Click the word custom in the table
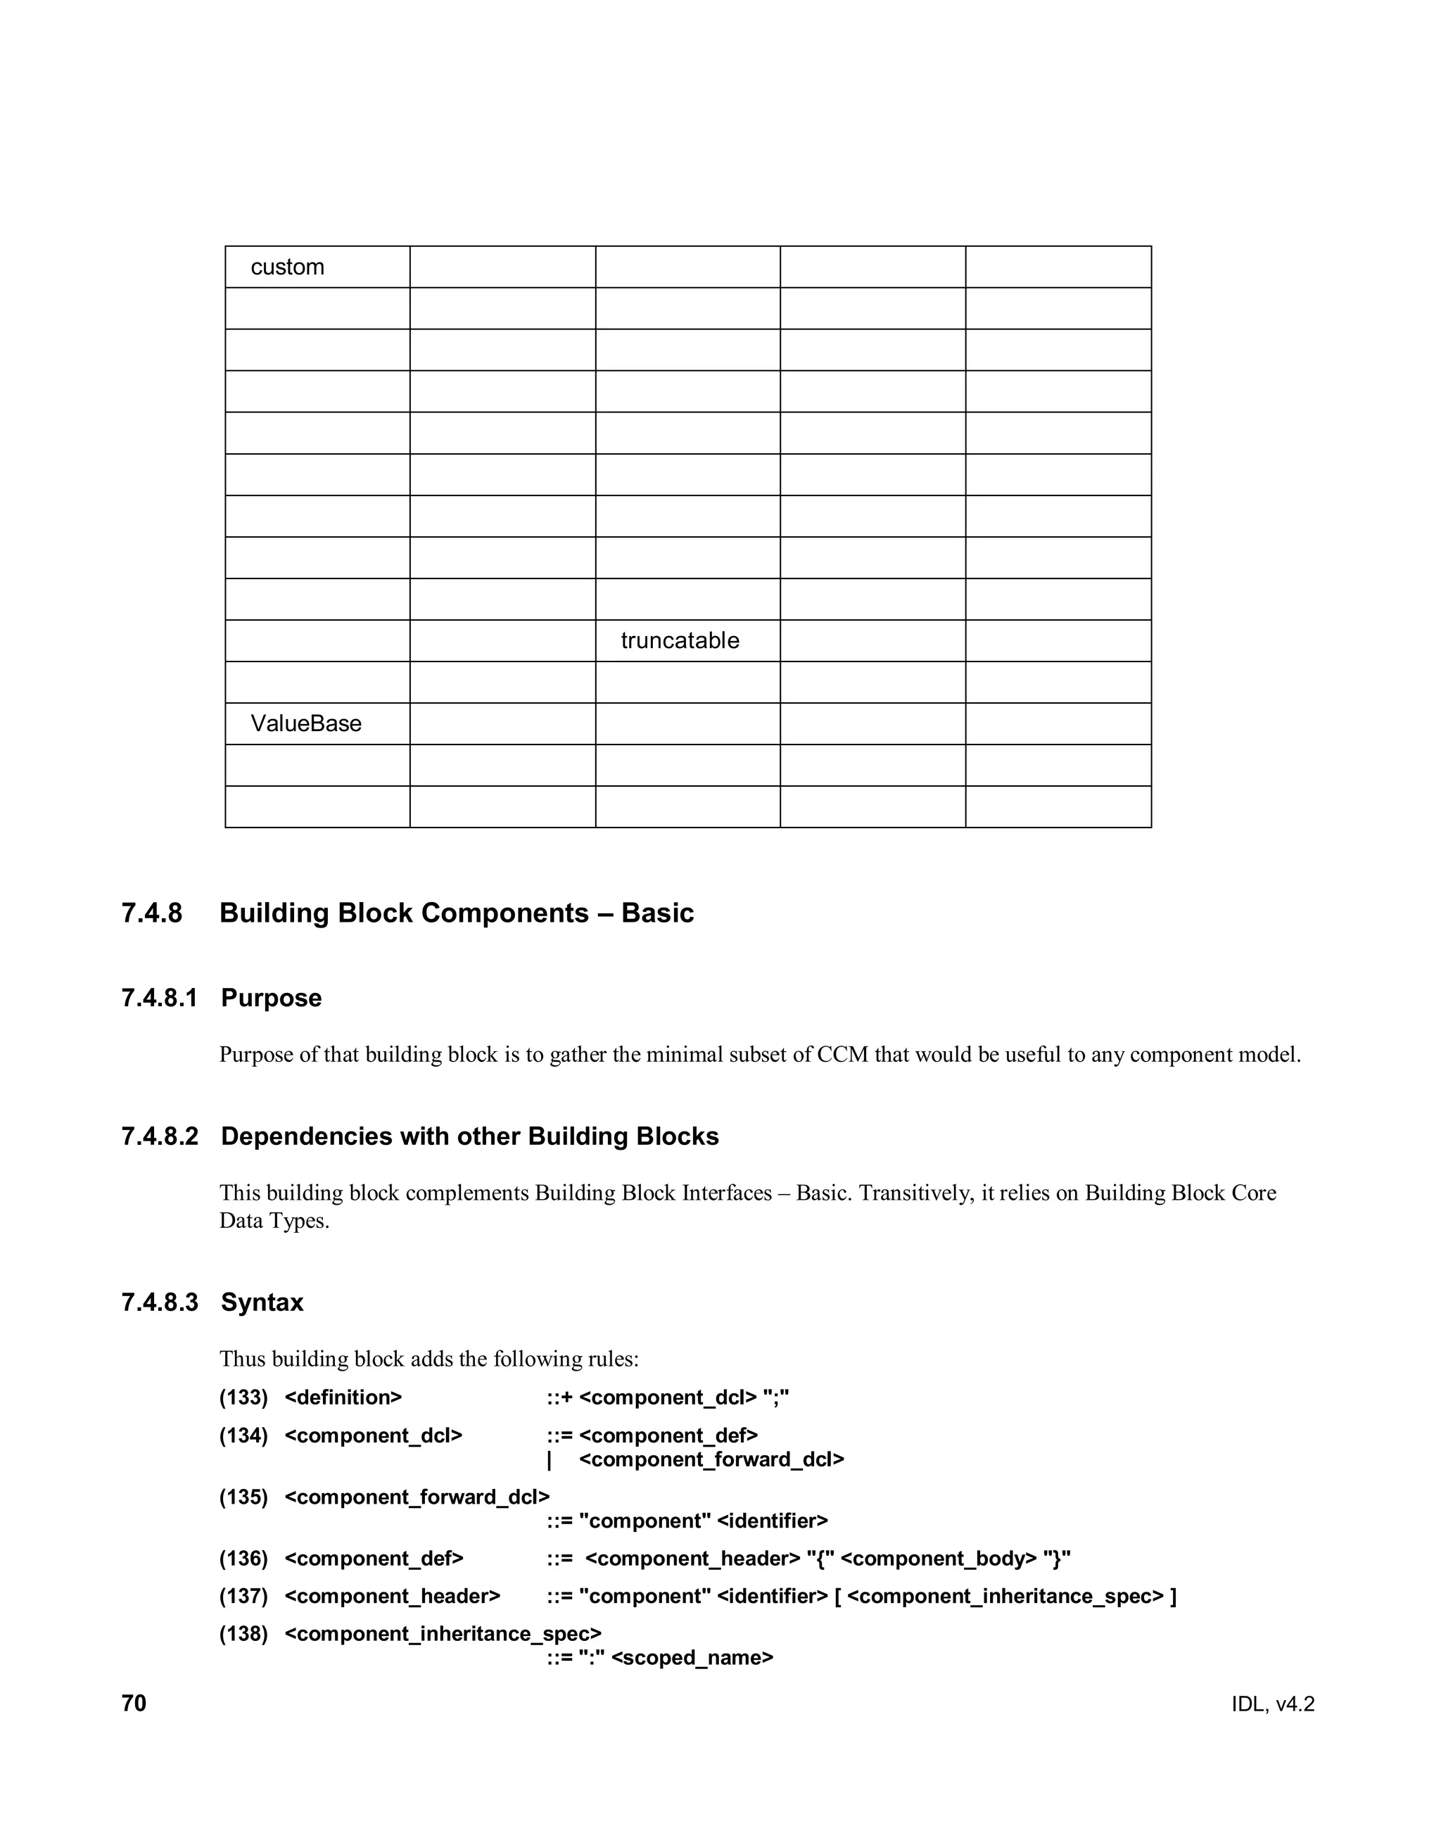[x=287, y=267]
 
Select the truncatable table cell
[x=679, y=640]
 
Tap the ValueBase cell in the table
[x=305, y=723]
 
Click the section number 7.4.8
[x=152, y=913]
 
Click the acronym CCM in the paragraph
[x=842, y=1055]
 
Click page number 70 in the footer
[x=134, y=1704]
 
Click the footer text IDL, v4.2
[x=1272, y=1704]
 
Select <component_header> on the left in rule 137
[x=393, y=1597]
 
